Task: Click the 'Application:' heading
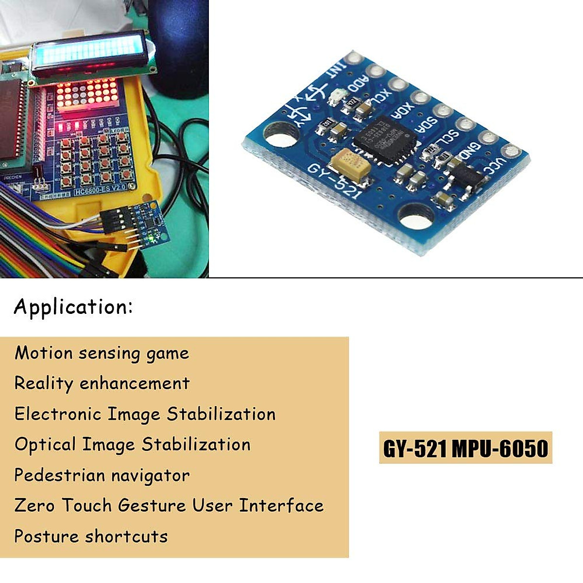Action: tap(73, 308)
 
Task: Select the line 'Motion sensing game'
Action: tap(102, 353)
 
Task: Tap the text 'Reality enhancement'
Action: tap(102, 383)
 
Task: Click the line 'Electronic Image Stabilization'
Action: tap(145, 414)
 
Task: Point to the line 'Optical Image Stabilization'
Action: tap(133, 445)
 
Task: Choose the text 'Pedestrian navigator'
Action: tap(102, 475)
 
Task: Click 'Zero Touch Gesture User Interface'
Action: tap(169, 505)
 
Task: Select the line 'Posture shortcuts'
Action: tap(91, 536)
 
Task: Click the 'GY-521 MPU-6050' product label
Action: tap(465, 448)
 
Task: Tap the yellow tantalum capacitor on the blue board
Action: tap(349, 162)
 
